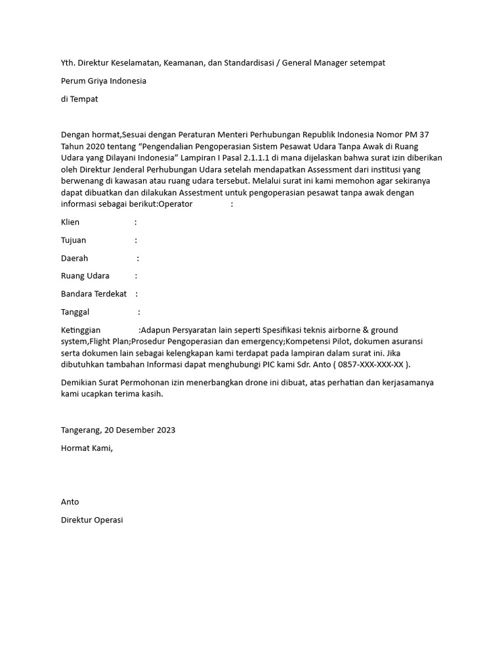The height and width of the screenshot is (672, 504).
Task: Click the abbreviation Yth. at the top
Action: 68,63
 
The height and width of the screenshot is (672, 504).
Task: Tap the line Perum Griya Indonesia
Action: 104,81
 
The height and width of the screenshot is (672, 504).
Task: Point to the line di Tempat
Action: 79,99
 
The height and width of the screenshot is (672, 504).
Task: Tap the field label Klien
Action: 70,222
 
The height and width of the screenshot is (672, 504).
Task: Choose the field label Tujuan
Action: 73,240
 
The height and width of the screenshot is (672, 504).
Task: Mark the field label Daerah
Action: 74,259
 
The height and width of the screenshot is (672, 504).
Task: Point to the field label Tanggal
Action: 75,312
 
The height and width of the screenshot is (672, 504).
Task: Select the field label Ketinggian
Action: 81,330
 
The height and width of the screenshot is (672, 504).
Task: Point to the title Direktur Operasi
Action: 92,520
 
